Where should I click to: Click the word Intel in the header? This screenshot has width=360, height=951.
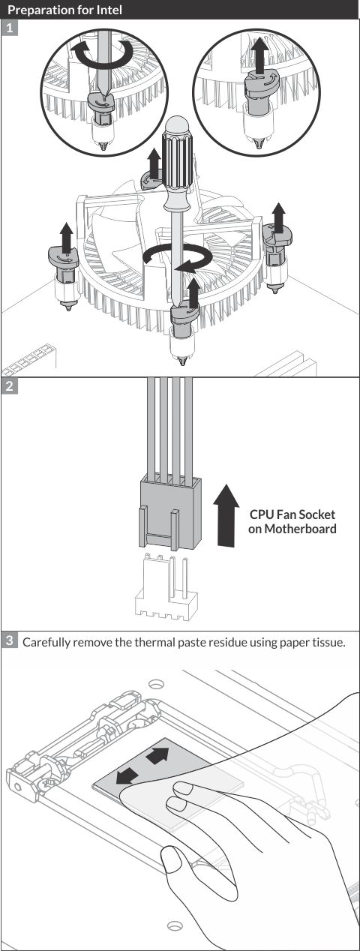tap(108, 9)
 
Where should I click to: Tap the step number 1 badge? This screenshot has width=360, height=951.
tap(10, 28)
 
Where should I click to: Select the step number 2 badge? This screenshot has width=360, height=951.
tap(10, 386)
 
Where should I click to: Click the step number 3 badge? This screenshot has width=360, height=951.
tap(10, 640)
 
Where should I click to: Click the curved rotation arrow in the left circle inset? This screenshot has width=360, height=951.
tap(102, 54)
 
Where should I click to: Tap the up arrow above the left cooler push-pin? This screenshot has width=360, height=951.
tap(66, 237)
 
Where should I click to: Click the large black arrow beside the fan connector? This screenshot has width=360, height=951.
tap(226, 515)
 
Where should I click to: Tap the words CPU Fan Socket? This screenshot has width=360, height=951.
tap(292, 514)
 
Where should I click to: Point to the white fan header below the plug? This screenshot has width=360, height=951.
tap(166, 586)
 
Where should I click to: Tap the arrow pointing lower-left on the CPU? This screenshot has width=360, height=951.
tap(127, 775)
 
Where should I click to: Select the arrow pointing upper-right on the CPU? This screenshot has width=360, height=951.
tap(157, 755)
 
